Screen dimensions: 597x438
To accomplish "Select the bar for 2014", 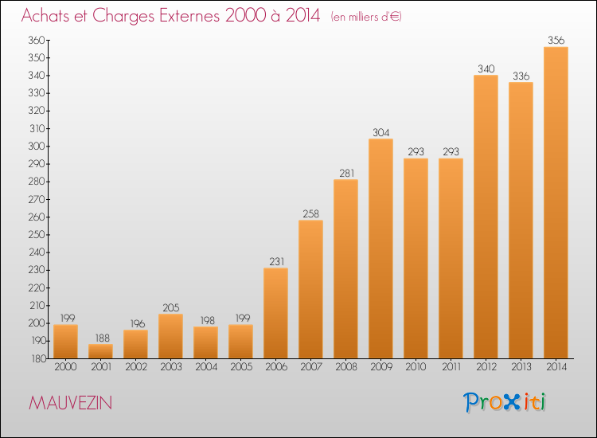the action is point(556,202).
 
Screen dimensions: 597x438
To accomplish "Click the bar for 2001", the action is point(100,351).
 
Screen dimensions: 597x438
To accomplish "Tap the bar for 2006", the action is point(275,313).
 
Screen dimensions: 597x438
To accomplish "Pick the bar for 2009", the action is point(380,248).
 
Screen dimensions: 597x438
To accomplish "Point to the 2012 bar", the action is point(486,217).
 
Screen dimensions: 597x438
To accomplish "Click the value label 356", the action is point(556,40).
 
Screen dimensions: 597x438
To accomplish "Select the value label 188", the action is point(102,338).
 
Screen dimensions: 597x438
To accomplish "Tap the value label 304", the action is point(380,132).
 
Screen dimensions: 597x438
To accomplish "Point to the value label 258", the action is point(310,213).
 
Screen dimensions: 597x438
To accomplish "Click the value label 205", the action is point(170,307).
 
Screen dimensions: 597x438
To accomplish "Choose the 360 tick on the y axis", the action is point(37,40).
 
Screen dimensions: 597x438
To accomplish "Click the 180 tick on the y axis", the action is point(38,359).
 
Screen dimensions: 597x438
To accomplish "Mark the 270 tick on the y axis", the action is point(37,199).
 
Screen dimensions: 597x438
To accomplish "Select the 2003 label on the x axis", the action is point(171,367).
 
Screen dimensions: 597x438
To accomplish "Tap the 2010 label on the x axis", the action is point(416,367).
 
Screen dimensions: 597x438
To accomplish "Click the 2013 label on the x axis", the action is point(521,367).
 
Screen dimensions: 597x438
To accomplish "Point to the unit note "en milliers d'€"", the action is point(366,17).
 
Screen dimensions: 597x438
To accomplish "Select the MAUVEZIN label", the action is point(70,403).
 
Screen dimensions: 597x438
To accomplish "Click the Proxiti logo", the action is point(505,402).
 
